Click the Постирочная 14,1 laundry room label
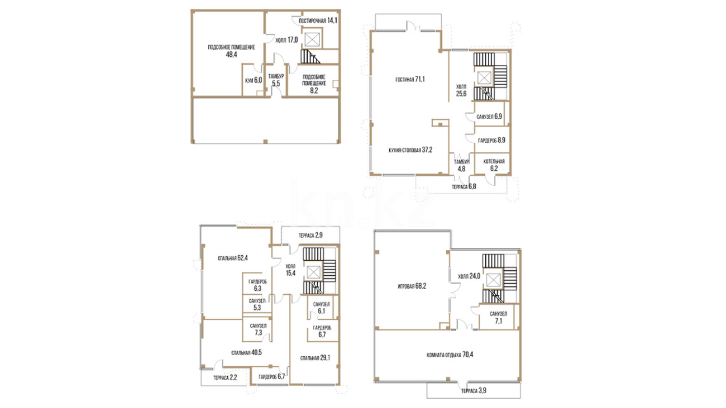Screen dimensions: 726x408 [318, 20]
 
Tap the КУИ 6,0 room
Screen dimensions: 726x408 [253, 80]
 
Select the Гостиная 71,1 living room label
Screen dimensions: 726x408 [410, 79]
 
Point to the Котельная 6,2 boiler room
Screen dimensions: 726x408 [494, 165]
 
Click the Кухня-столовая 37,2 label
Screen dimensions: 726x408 [410, 150]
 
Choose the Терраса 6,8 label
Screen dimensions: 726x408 [464, 187]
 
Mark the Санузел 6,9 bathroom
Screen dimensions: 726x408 [489, 117]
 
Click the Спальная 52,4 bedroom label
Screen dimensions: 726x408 [233, 258]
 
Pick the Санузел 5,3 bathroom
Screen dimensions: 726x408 [257, 304]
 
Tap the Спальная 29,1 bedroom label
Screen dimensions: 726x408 [315, 358]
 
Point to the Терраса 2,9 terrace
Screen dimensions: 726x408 [310, 235]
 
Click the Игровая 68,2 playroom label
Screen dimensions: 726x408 [412, 286]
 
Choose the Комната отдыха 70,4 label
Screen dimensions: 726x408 [450, 355]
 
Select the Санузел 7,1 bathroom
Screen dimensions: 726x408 [498, 318]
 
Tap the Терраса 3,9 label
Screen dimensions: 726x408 [473, 391]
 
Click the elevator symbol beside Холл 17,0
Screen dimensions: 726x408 [312, 39]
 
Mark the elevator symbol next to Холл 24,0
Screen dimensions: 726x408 [493, 280]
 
